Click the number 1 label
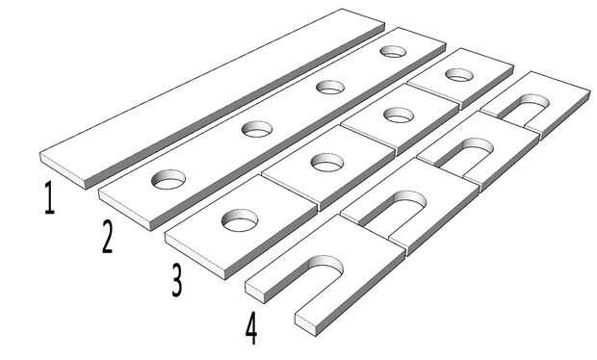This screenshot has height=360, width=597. (x=49, y=197)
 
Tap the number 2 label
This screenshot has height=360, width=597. (x=107, y=237)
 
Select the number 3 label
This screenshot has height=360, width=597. (x=176, y=280)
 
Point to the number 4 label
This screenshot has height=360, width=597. (x=251, y=328)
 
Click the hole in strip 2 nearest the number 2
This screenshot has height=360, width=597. (x=169, y=179)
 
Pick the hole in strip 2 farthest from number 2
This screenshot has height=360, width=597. (x=393, y=51)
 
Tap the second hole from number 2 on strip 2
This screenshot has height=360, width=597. (x=257, y=129)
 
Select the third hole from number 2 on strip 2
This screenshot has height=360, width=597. (x=330, y=87)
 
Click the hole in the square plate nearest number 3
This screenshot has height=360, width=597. (x=240, y=220)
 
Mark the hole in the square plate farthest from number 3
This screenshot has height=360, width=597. (x=459, y=74)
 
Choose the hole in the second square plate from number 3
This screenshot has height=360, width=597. (x=327, y=162)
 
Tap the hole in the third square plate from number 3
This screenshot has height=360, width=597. (x=399, y=115)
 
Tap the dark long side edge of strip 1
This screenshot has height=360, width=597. (x=235, y=107)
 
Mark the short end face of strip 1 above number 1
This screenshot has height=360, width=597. (x=63, y=170)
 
